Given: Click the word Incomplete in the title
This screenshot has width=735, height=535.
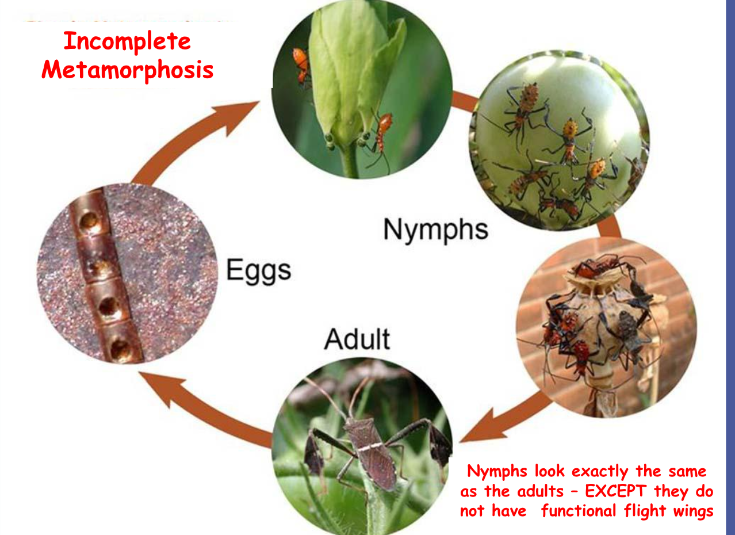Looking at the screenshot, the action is tap(127, 41).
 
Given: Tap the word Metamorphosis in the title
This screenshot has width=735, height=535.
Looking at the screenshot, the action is tap(127, 70).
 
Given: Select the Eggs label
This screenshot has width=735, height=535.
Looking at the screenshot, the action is tap(259, 271).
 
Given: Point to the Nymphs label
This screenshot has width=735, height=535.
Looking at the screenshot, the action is tap(436, 230).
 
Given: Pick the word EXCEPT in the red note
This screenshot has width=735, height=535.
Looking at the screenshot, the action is tap(615, 491).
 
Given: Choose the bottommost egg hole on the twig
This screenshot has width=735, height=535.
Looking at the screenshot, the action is tap(120, 349).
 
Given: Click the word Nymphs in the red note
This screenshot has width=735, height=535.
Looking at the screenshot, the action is tap(497, 472).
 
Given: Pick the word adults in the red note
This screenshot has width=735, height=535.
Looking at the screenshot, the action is tap(540, 491).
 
